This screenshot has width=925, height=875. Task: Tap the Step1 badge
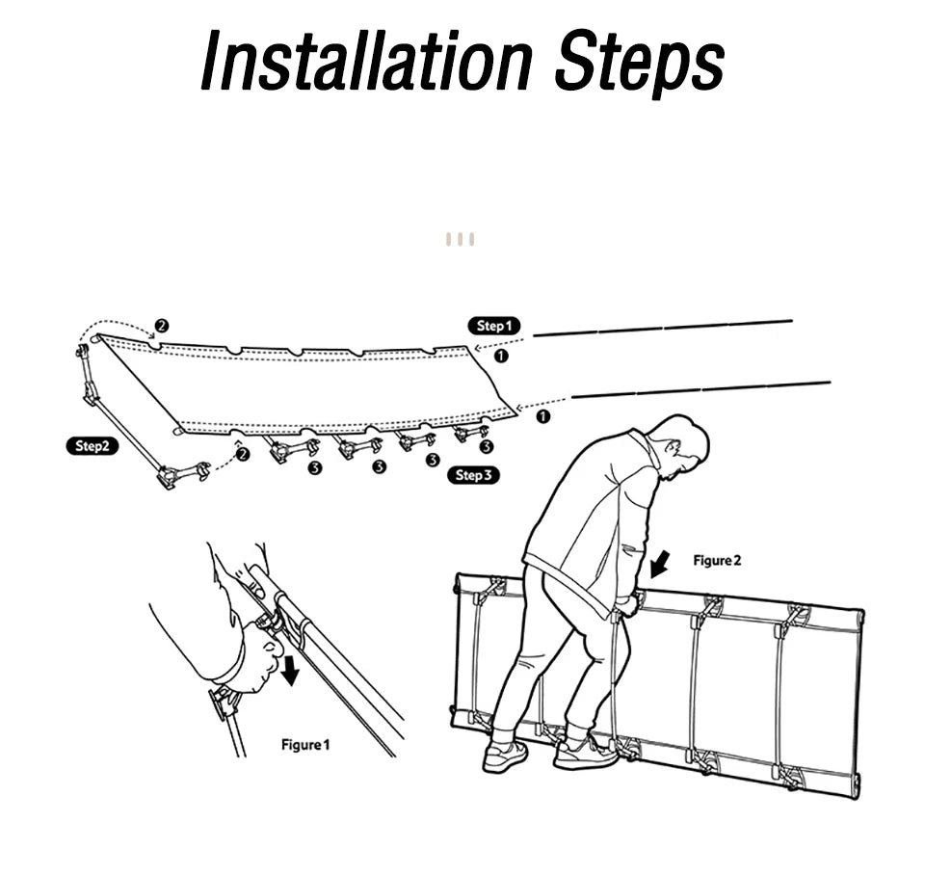494,326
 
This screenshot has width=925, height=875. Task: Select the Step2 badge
97,445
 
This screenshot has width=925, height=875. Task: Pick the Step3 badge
473,475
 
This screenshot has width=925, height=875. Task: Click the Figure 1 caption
304,744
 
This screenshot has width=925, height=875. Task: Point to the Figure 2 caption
717,560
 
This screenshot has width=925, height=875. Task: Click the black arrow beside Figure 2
662,563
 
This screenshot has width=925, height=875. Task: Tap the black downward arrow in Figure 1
288,669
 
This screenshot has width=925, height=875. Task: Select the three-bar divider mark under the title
460,239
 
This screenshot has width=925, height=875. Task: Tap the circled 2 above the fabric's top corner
161,325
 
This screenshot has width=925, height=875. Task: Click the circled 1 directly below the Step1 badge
500,356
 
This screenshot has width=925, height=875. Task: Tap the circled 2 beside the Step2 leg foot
243,453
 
